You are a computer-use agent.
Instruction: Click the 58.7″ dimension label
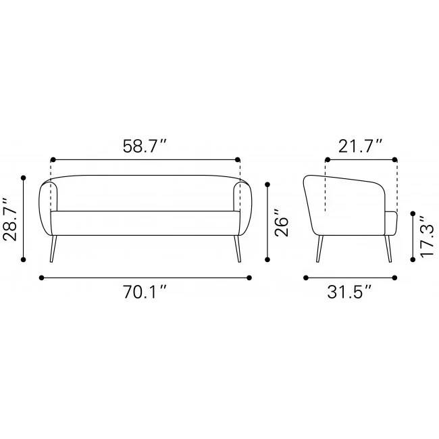145,146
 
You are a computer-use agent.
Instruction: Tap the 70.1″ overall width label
145,292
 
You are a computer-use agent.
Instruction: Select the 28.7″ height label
10,219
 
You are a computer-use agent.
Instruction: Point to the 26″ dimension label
281,223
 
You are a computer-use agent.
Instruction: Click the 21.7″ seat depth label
360,146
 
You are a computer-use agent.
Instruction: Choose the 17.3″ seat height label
427,236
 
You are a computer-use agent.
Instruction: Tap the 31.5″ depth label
349,292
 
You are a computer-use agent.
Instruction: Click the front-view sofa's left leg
53,249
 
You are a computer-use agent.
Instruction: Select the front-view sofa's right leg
238,249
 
